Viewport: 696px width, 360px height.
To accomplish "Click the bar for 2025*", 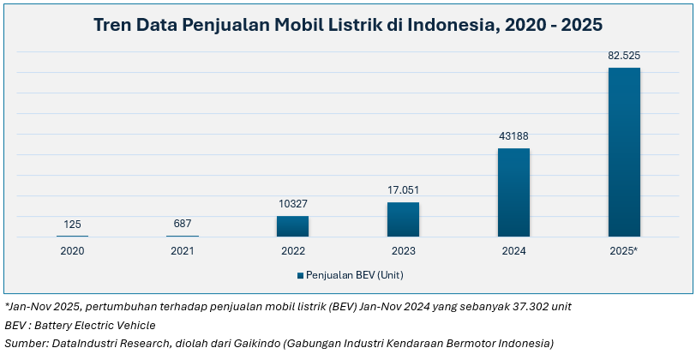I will (624, 152).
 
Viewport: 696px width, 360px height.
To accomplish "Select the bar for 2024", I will (513, 192).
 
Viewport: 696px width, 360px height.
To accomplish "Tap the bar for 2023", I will (403, 219).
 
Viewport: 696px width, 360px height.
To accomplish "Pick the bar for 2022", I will (292, 225).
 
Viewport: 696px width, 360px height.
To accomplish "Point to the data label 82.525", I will (624, 56).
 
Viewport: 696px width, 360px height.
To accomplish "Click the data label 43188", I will (513, 136).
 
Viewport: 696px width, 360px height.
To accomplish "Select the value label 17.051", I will (403, 190).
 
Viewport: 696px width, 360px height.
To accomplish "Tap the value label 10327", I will (292, 204).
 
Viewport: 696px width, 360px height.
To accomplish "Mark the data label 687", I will (182, 224).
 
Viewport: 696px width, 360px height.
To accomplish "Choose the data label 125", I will (72, 225).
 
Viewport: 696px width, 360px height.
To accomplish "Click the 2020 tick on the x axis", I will (72, 251).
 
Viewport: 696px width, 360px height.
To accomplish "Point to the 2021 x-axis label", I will (182, 251).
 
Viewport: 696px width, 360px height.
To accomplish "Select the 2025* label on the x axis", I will (624, 251).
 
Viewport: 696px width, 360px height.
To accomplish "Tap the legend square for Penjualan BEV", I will (300, 275).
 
